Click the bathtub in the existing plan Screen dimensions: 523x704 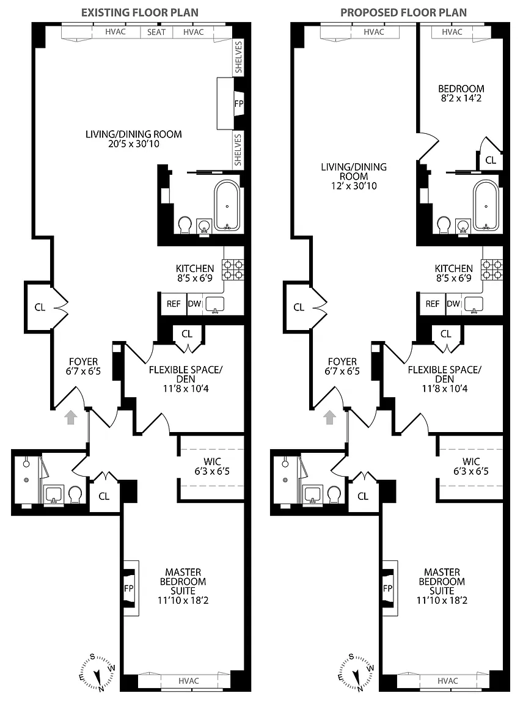click(227, 205)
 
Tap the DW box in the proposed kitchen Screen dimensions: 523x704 click(453, 304)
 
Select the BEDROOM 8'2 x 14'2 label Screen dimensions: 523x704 click(462, 93)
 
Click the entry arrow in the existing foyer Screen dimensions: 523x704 click(71, 417)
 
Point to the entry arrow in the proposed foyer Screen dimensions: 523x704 click(330, 417)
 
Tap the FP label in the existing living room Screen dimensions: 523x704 click(239, 103)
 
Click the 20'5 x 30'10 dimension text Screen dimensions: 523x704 click(134, 144)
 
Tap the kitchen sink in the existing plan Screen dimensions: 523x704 click(215, 303)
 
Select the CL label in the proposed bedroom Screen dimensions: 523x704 click(491, 159)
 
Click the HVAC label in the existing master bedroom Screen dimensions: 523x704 click(189, 681)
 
